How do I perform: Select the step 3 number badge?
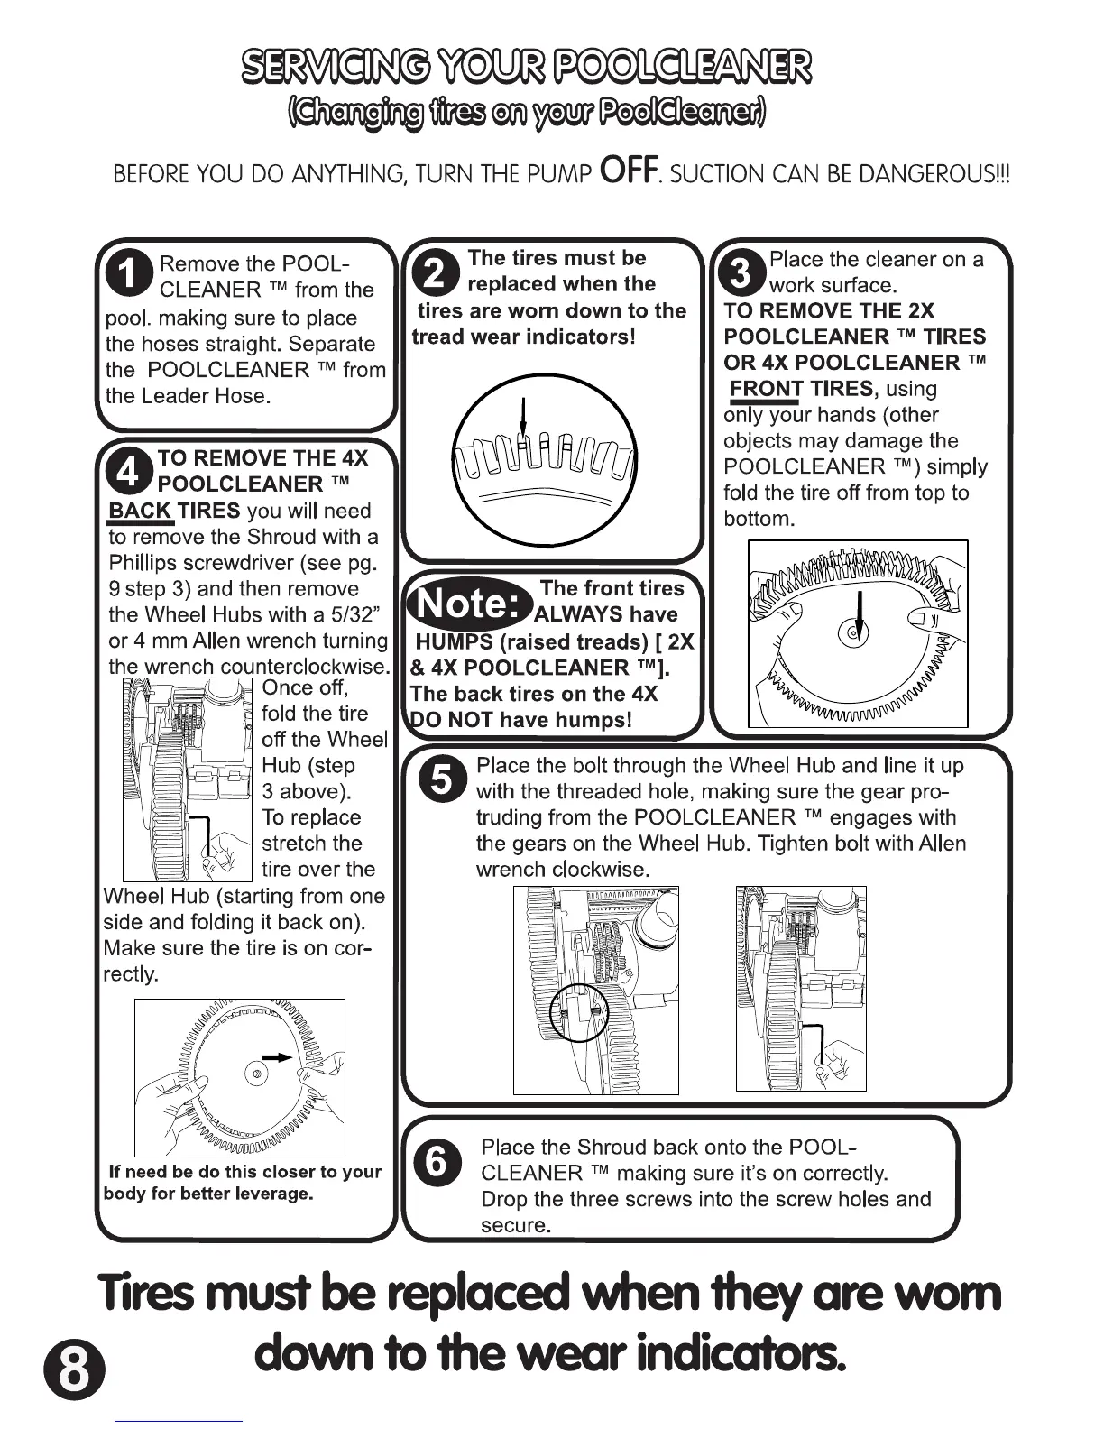(742, 272)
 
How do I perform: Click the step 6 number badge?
(436, 1162)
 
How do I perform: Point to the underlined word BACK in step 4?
(140, 512)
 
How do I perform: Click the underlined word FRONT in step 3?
(767, 389)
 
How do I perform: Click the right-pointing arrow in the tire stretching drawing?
(276, 1056)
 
